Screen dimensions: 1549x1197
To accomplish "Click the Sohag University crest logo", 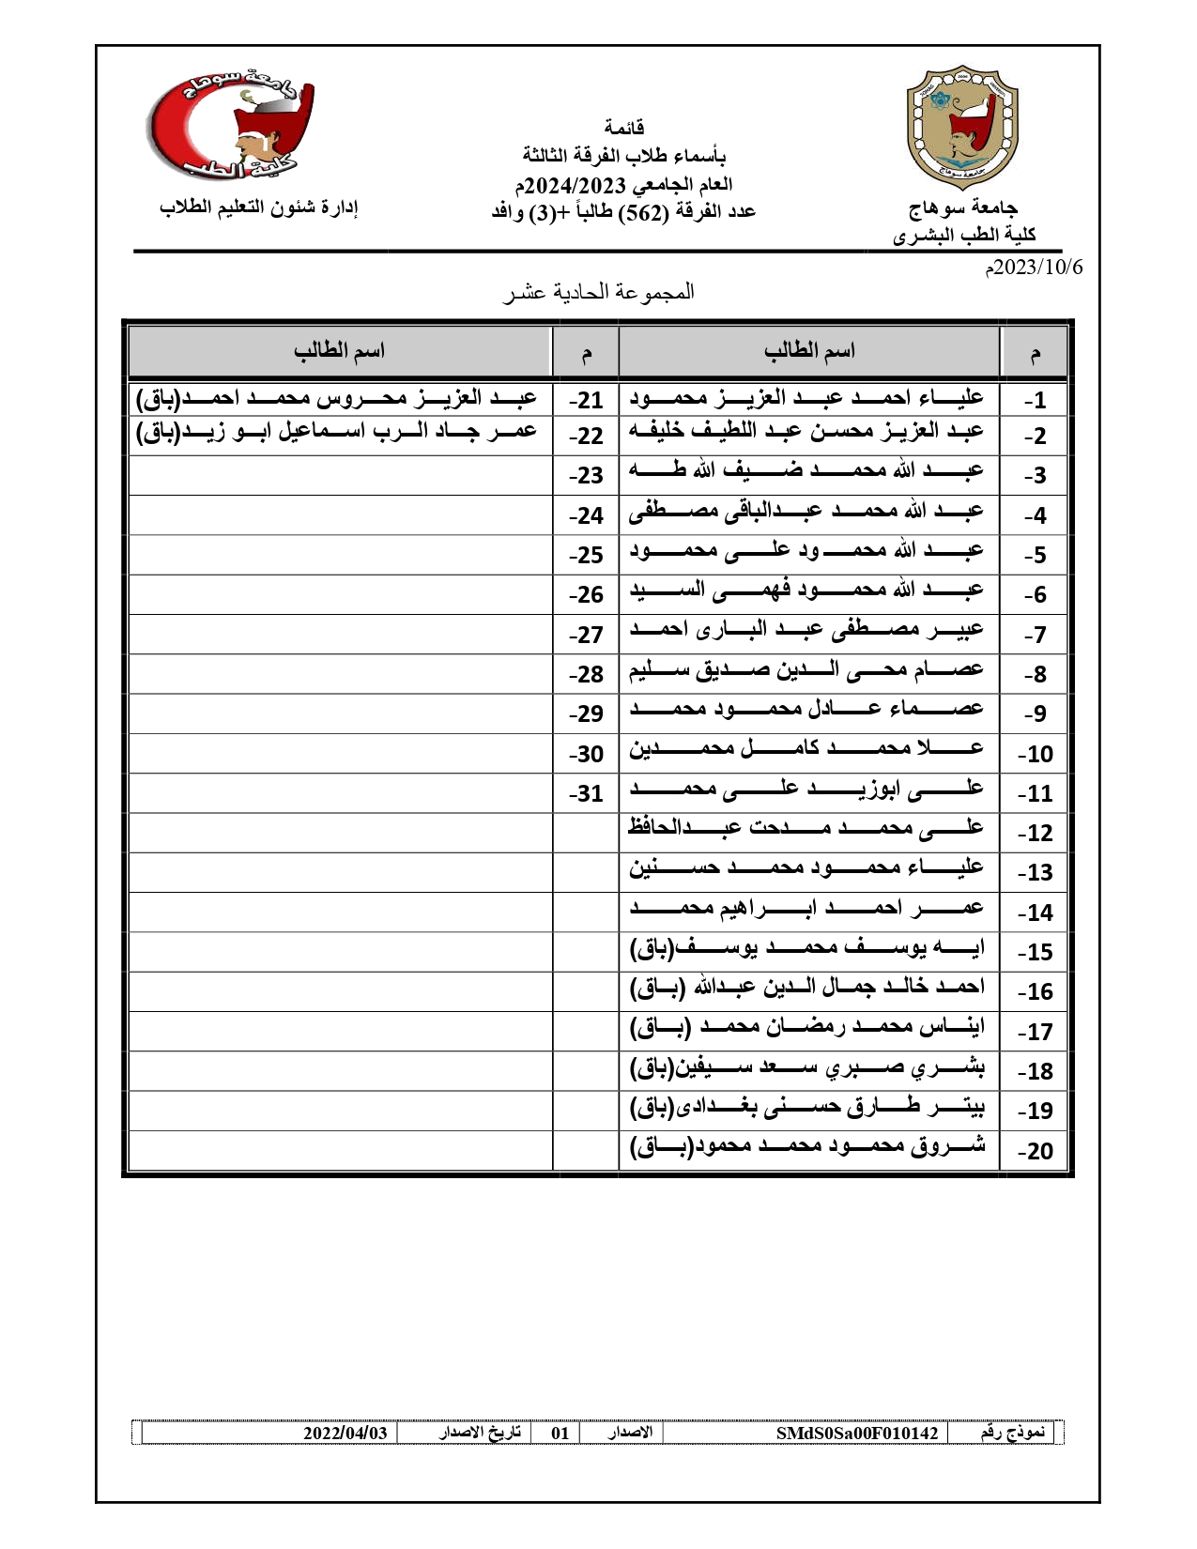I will [x=961, y=127].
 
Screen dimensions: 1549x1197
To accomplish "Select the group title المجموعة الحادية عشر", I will [x=599, y=292].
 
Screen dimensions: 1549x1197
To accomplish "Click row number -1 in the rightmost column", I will [x=1035, y=401].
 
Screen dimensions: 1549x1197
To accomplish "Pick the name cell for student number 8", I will [x=806, y=671].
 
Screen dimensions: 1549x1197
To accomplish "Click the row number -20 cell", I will [x=1035, y=1151].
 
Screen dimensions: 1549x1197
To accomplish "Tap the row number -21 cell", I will [x=586, y=401].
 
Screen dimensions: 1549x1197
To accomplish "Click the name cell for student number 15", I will [x=806, y=949].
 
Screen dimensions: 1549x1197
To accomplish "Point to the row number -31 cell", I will [x=586, y=794].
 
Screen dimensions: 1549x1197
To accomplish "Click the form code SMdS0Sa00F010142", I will [x=857, y=1434].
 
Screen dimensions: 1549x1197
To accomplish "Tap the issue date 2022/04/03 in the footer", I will [x=345, y=1434].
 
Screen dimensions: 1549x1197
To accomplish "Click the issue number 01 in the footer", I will [x=560, y=1434].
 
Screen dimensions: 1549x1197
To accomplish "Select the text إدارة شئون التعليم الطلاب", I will [x=259, y=207].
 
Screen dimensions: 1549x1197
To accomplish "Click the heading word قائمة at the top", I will [x=624, y=128].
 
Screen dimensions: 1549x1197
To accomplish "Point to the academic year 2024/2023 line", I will [x=624, y=184].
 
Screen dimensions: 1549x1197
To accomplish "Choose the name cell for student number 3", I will [x=806, y=471].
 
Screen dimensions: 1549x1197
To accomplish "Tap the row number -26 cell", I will [x=586, y=595].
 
